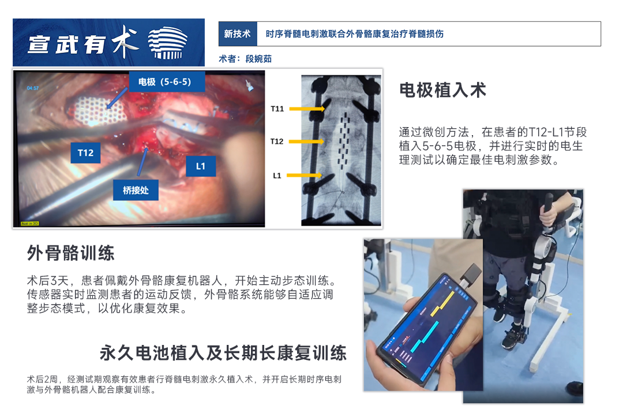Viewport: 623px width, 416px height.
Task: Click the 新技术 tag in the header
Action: point(238,34)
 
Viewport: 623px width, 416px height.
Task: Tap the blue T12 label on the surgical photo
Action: point(85,153)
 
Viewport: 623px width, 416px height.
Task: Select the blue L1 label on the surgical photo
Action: point(201,166)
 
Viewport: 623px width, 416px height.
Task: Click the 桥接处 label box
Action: point(136,190)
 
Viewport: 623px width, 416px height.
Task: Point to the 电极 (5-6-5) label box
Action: point(167,82)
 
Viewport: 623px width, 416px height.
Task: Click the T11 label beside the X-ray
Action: point(277,109)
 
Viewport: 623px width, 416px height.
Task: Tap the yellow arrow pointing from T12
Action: point(306,142)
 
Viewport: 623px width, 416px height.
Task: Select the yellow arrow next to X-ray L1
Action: point(305,175)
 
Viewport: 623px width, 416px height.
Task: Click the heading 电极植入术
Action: point(442,90)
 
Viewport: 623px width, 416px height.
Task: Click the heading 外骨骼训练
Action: point(71,253)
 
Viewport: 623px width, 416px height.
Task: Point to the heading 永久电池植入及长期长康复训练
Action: point(223,353)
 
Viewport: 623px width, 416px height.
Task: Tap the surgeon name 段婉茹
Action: point(258,59)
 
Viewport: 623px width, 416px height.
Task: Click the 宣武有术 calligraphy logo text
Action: point(83,43)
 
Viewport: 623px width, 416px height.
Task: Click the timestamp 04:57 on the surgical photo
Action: point(33,88)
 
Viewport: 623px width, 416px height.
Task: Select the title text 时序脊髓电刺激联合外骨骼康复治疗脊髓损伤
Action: point(354,34)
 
